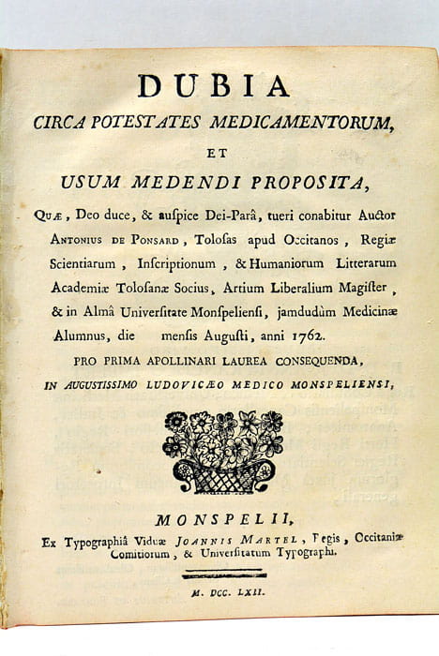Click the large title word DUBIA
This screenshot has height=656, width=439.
click(213, 85)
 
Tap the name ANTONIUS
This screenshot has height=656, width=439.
click(83, 239)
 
